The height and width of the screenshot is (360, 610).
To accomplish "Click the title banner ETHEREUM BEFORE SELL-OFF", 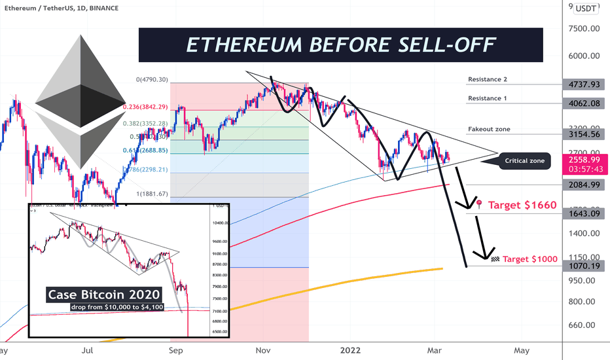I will pos(340,45).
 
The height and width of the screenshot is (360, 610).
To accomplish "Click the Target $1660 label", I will pos(522,205).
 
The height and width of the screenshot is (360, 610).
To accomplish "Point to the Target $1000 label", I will pos(529,259).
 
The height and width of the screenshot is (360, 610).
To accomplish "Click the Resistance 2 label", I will pos(488,80).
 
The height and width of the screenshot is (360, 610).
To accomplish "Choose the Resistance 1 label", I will pos(488,98).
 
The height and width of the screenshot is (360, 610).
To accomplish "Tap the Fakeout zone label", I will pos(489,130).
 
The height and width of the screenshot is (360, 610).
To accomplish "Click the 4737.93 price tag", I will pos(586,84).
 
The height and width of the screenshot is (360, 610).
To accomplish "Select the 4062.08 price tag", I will pos(586,103).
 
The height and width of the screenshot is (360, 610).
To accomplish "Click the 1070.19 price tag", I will pos(586,267).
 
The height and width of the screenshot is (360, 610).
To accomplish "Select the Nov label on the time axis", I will pos(264,350).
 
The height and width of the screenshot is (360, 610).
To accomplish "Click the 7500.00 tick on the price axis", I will pos(586,29).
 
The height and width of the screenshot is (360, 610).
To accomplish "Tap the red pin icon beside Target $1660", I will pos(480,204).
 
